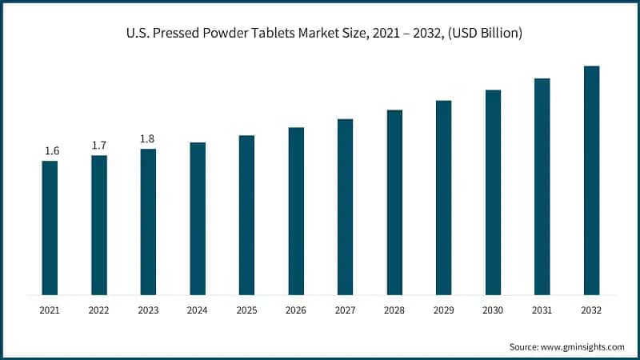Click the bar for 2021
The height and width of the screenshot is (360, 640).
[x=50, y=227]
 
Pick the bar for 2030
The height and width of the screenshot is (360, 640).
[x=493, y=192]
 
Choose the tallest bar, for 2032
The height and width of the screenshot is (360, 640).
[x=591, y=180]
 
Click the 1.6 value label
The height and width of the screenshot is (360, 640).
[x=50, y=150]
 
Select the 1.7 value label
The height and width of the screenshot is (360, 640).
[x=99, y=145]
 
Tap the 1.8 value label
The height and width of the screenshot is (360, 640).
[x=148, y=138]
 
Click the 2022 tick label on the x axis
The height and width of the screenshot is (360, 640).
[x=99, y=310]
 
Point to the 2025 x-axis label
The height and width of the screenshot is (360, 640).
[x=246, y=310]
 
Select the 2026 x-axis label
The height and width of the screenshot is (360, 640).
[x=296, y=310]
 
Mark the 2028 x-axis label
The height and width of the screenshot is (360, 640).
[x=394, y=310]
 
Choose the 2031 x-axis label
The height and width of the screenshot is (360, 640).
[x=542, y=310]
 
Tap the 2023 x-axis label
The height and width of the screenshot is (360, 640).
[x=148, y=310]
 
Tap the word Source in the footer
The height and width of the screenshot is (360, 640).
[x=524, y=347]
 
